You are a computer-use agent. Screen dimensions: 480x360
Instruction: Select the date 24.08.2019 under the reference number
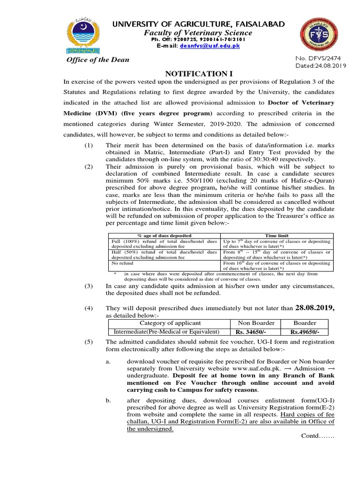[x=326, y=66]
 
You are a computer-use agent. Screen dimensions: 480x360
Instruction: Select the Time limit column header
[x=277, y=235]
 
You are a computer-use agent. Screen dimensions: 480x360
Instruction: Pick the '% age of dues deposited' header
[x=164, y=235]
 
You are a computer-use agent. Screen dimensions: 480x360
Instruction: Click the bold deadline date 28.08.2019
[x=314, y=308]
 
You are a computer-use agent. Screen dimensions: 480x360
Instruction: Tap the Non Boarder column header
[x=255, y=323]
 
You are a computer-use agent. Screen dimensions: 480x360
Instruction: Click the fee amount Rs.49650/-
[x=305, y=332]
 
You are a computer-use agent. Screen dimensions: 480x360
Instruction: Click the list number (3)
[x=90, y=285]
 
